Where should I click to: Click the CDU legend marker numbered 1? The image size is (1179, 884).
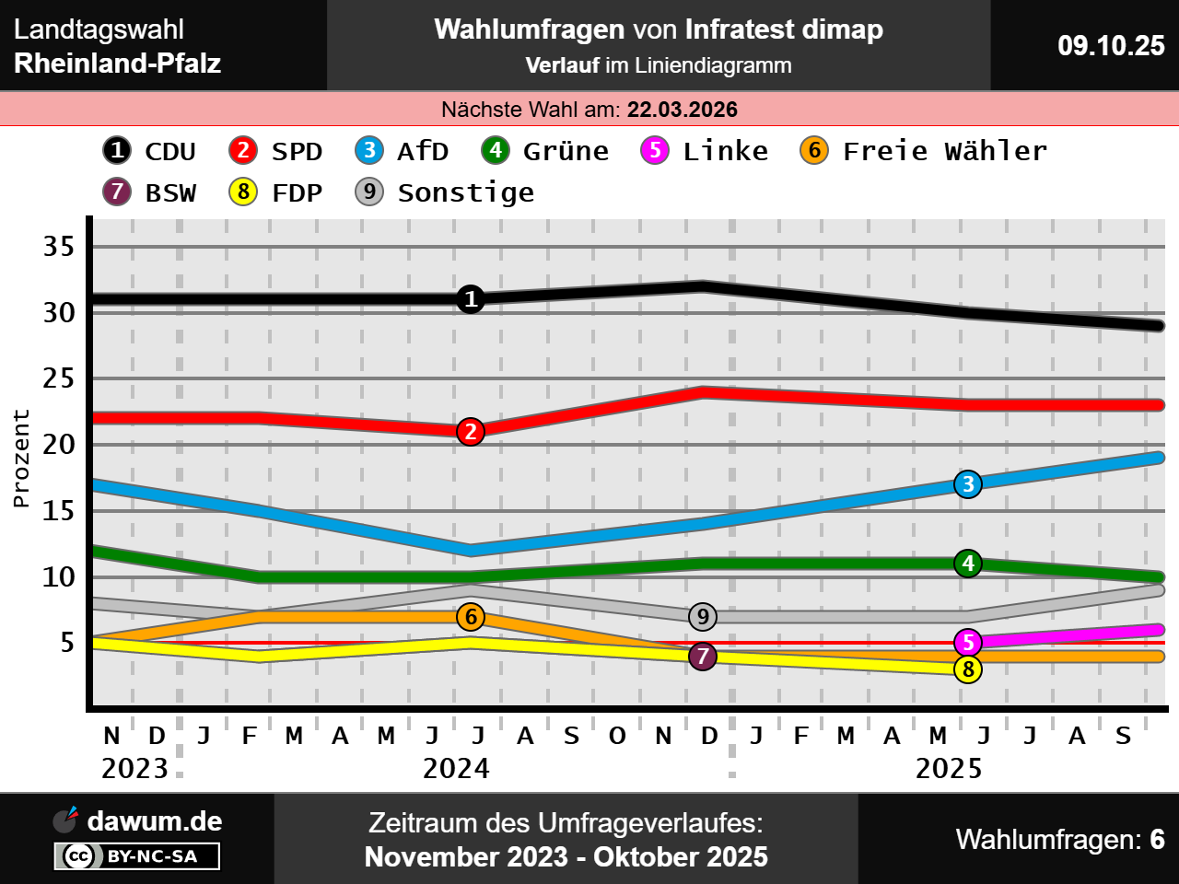(117, 150)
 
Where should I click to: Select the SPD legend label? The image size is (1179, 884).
(297, 151)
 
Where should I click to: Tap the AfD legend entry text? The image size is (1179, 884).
(423, 151)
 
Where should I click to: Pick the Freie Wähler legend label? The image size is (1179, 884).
(945, 151)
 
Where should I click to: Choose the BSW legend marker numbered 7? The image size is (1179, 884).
(117, 192)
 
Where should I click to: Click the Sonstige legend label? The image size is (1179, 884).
(465, 192)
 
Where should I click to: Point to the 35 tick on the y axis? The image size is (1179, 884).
(59, 246)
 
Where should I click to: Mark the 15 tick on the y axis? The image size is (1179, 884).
(59, 510)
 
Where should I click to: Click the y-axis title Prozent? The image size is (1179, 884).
(21, 459)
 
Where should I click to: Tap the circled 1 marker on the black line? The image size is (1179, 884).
(471, 299)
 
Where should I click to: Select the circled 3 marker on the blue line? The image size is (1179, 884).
(968, 484)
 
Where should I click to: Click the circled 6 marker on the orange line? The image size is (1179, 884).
(471, 617)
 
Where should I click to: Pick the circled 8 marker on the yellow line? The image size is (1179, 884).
(968, 669)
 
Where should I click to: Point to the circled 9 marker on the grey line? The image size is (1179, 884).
(703, 617)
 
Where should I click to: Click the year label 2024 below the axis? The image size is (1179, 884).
(456, 769)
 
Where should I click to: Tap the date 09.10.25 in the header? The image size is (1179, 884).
(1111, 45)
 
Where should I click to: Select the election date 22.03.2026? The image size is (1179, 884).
(683, 110)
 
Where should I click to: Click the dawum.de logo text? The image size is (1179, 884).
(154, 821)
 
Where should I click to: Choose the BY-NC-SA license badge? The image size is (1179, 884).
(137, 856)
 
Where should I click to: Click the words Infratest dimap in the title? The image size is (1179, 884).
(784, 29)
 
